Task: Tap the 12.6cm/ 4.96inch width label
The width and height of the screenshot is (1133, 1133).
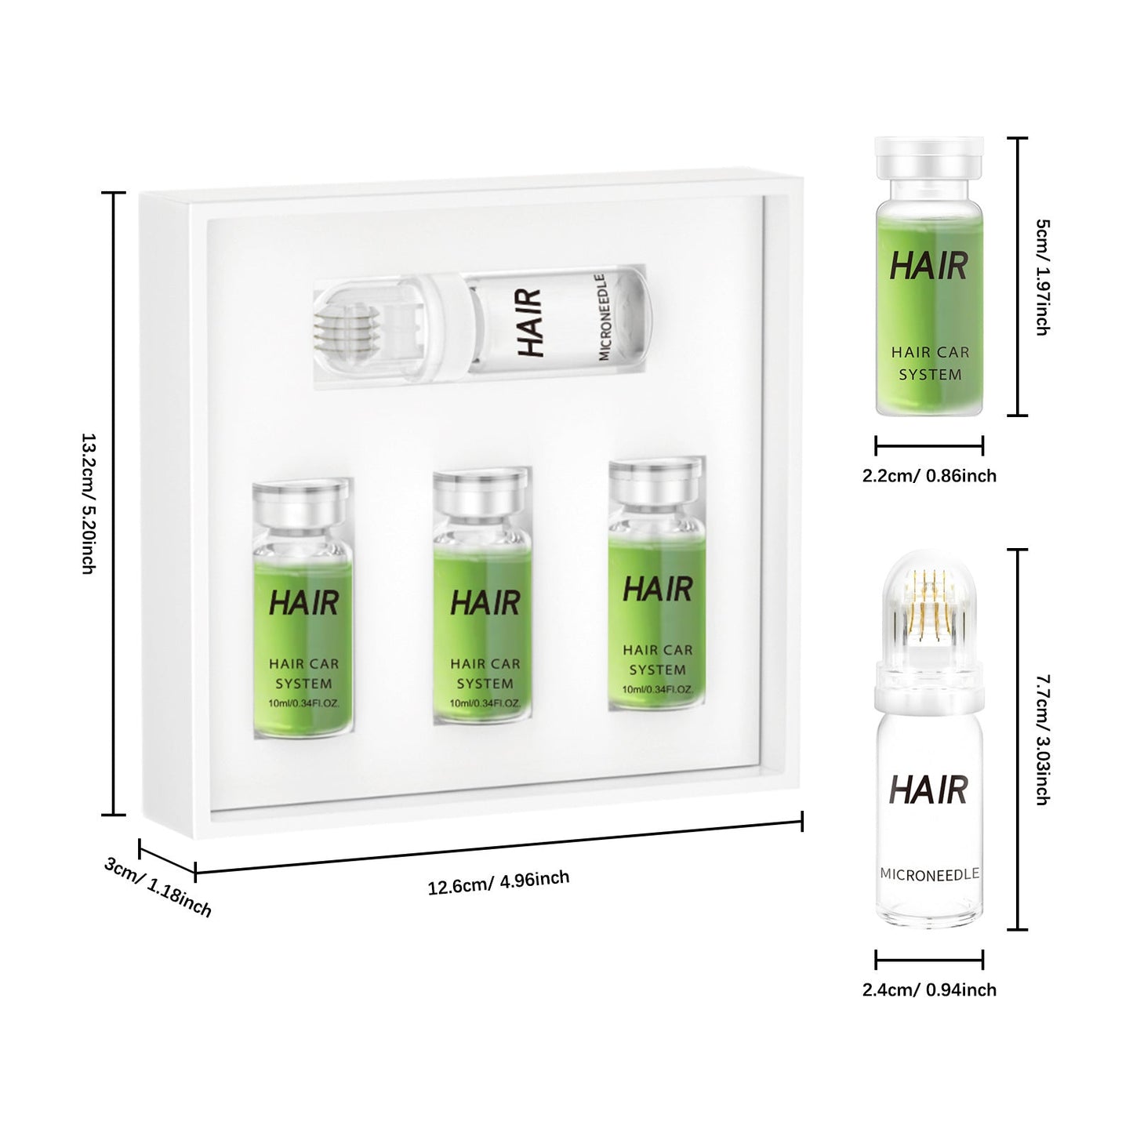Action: [499, 882]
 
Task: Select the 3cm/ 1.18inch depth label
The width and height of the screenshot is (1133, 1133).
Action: [158, 887]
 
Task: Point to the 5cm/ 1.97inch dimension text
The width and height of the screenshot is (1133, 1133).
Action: [1042, 277]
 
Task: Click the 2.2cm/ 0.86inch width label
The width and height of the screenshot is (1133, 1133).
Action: [929, 476]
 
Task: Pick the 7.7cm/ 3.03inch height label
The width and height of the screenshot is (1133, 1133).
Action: [1042, 739]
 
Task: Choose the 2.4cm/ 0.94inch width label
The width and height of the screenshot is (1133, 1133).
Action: [929, 990]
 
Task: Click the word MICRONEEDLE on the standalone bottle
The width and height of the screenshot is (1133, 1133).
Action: [929, 874]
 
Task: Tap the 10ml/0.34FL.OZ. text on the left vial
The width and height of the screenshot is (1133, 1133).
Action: [303, 703]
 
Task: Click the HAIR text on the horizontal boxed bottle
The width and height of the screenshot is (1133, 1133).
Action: [531, 321]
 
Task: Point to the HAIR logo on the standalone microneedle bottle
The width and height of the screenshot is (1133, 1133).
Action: [929, 790]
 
